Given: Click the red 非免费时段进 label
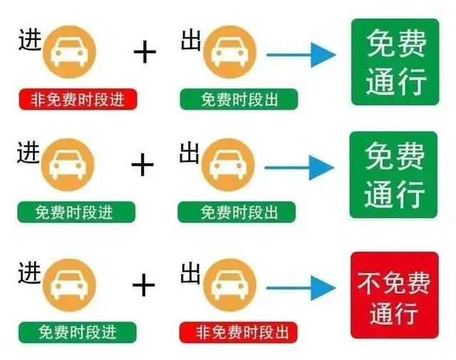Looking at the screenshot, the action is click(78, 100).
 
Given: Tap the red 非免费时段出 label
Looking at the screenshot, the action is click(238, 331).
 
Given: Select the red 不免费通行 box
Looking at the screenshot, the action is click(394, 295).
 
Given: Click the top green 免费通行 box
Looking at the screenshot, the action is click(394, 62).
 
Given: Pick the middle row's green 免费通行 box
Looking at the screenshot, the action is click(393, 175).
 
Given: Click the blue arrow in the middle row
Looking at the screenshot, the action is click(299, 168).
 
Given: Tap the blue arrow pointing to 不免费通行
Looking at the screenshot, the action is click(300, 288).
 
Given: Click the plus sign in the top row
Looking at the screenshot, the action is click(145, 51).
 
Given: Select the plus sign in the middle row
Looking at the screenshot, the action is click(143, 165).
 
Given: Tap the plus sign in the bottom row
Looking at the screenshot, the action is click(143, 285).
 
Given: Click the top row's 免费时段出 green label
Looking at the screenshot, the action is click(239, 100).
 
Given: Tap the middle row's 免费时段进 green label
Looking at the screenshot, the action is click(76, 212).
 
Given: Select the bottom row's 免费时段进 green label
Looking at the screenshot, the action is click(77, 331).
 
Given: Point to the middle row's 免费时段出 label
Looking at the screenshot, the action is click(237, 212).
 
